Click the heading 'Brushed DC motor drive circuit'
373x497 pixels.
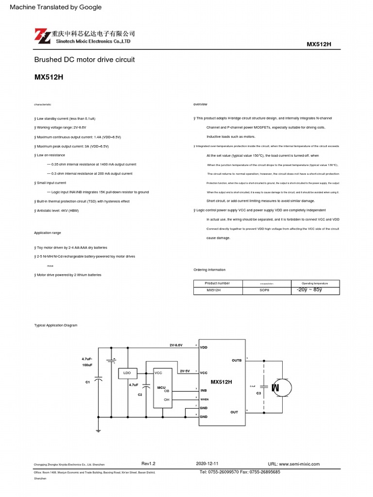click(x=84, y=60)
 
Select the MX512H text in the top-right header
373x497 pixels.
click(x=319, y=44)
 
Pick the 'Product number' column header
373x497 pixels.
click(x=217, y=283)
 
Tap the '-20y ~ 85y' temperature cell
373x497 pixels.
click(x=309, y=290)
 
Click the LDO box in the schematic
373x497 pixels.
click(x=127, y=373)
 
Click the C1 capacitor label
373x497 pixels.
click(x=88, y=382)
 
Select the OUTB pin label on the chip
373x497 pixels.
click(x=237, y=361)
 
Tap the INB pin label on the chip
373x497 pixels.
click(x=204, y=390)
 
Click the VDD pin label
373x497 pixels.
click(x=203, y=348)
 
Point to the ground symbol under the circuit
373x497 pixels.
click(x=98, y=430)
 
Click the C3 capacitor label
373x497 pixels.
click(x=259, y=393)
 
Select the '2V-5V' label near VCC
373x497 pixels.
click(x=185, y=371)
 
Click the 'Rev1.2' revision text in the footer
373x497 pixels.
click(x=148, y=464)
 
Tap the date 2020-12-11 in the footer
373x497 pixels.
click(x=207, y=464)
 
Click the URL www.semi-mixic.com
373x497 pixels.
click(x=294, y=464)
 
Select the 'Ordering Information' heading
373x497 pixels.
click(x=209, y=270)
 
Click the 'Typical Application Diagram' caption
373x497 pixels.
click(x=55, y=325)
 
